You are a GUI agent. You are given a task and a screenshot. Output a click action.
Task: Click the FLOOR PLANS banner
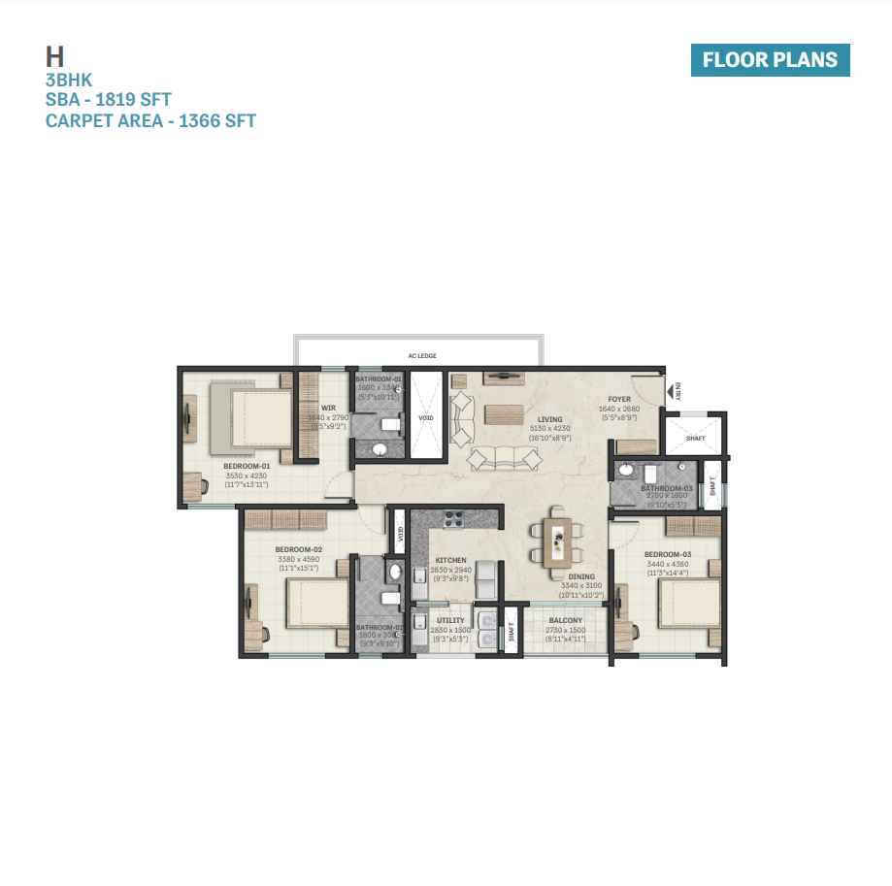[770, 59]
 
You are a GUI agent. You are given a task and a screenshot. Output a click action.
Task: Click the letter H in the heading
[54, 56]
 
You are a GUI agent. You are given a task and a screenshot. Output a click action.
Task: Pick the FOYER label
[619, 399]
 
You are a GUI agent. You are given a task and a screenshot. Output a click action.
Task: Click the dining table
[557, 541]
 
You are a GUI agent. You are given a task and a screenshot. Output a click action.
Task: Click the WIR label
[328, 408]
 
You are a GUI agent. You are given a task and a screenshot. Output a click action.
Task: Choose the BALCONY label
[566, 620]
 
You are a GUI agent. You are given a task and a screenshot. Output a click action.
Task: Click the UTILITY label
[450, 620]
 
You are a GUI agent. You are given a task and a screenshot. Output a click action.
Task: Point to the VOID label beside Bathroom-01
[426, 418]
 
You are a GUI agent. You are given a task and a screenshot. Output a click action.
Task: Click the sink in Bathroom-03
[627, 472]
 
